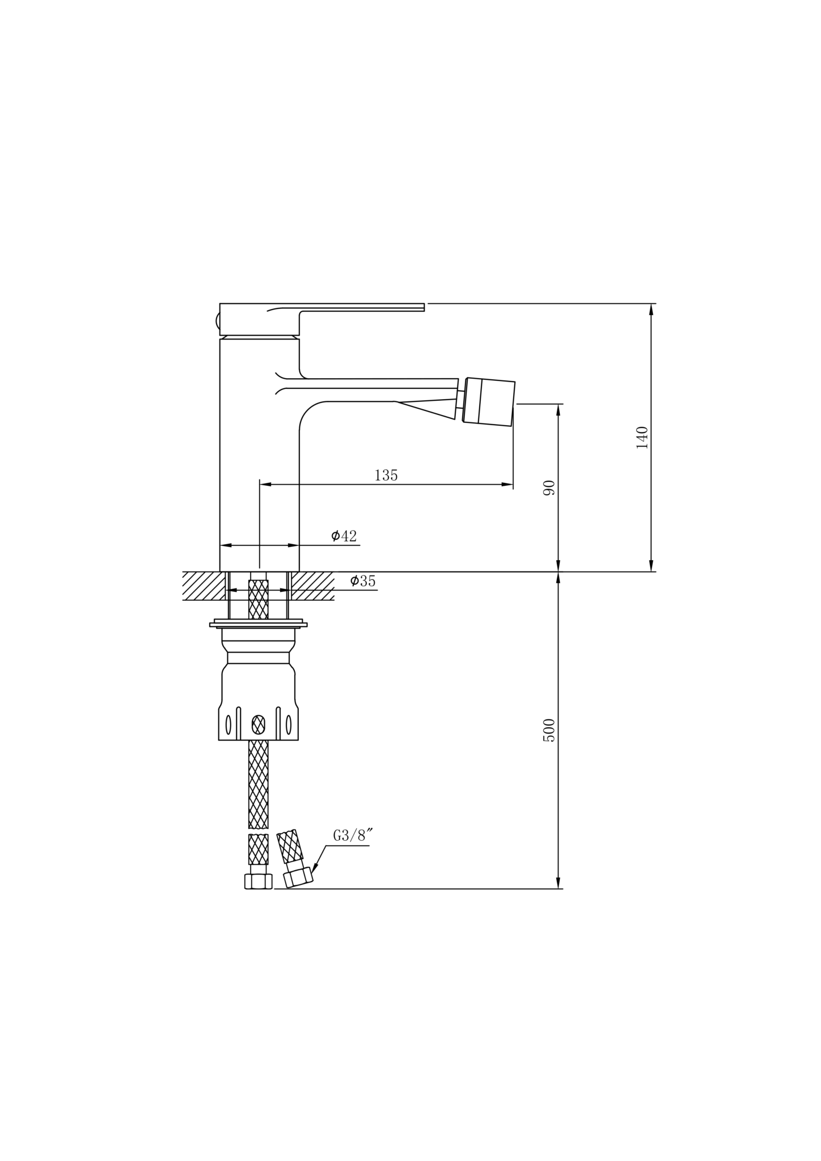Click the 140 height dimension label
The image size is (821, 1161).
(642, 437)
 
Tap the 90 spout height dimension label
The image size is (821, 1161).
(549, 488)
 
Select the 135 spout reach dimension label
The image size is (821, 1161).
(386, 475)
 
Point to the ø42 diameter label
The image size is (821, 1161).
(344, 536)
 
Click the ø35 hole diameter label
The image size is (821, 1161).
(363, 580)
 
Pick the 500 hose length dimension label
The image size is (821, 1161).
(549, 730)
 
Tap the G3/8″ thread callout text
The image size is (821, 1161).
(354, 835)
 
